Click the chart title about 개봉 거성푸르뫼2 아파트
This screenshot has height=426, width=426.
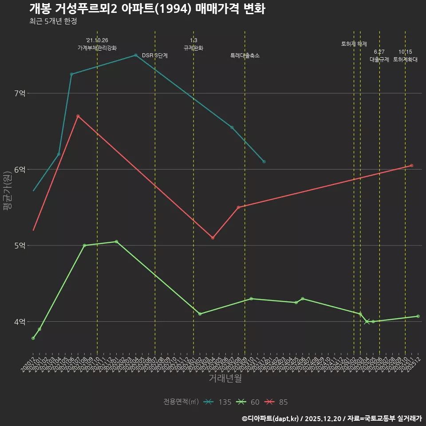tap(147, 9)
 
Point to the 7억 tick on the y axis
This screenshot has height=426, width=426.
tap(20, 93)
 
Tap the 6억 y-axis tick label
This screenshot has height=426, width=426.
tap(20, 170)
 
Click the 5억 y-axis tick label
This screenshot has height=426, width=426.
tap(20, 245)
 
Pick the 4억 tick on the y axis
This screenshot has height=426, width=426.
tap(20, 322)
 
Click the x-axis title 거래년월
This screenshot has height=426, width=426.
tap(225, 379)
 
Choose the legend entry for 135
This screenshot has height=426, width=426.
tap(217, 402)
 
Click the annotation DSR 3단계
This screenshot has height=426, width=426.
tap(155, 55)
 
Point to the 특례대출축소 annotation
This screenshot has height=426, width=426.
tap(245, 55)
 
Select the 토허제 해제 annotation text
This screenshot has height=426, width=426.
tap(354, 44)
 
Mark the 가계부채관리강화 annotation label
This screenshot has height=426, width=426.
tap(97, 48)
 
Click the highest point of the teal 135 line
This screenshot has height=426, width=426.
tap(135, 55)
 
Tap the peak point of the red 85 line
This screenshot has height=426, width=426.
tap(78, 116)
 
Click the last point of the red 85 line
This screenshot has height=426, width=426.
tap(412, 166)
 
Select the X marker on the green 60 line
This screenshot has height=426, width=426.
tap(367, 322)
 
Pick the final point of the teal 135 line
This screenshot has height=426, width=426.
tap(264, 162)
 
